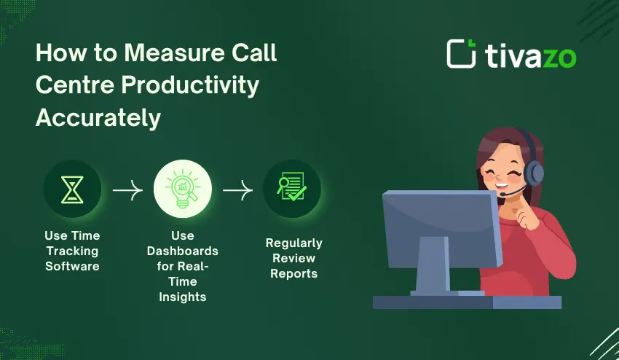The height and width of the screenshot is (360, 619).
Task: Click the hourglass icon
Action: click(x=72, y=189)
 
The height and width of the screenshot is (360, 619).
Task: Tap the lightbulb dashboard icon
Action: click(x=182, y=189)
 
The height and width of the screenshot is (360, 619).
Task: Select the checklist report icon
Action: click(x=291, y=189)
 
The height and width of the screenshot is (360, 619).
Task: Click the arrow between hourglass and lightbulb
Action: click(x=127, y=190)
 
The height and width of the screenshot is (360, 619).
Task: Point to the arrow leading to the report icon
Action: click(x=237, y=190)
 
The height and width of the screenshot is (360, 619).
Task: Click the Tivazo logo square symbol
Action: click(x=461, y=54)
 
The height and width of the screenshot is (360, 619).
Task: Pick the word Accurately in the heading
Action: click(x=98, y=117)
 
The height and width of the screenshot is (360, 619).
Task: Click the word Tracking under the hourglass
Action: click(x=72, y=251)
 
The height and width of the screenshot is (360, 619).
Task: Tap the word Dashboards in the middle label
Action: click(x=182, y=251)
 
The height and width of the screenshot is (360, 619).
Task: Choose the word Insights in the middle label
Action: click(x=182, y=297)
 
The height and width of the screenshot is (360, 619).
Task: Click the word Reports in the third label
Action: click(x=293, y=274)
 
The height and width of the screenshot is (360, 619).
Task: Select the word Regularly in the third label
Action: click(x=293, y=243)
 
